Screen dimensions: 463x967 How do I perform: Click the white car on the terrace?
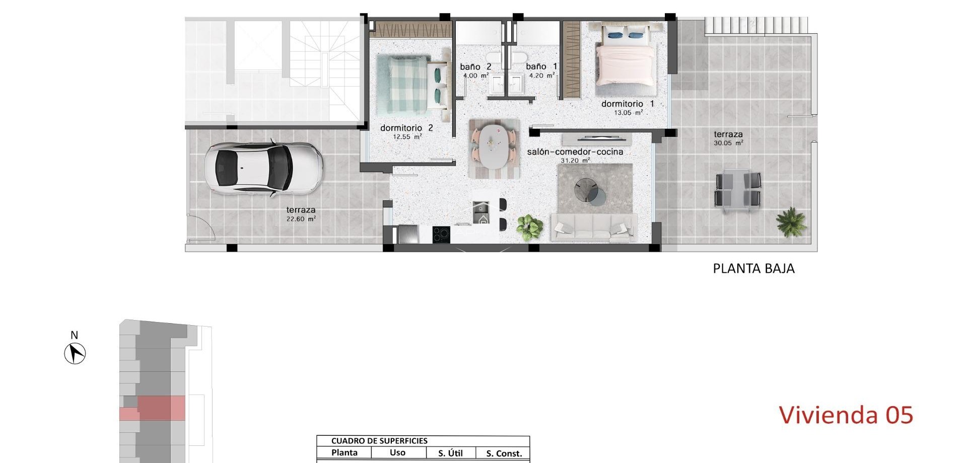click(x=263, y=168)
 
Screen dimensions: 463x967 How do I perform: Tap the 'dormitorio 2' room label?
click(x=406, y=128)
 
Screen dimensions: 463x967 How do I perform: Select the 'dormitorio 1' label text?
click(x=628, y=104)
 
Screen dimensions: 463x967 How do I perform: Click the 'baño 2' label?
click(x=475, y=67)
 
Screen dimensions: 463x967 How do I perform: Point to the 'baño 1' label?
click(x=541, y=66)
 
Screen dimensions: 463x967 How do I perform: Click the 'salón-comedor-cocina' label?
click(x=575, y=152)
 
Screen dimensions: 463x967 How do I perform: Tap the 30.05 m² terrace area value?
click(x=728, y=143)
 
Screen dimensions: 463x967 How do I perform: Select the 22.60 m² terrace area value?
click(x=301, y=219)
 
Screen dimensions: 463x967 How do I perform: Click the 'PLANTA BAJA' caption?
click(x=753, y=269)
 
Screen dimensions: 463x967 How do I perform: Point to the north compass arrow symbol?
click(x=75, y=353)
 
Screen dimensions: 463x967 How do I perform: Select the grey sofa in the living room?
click(x=593, y=227)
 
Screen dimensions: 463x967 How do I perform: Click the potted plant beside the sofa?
click(x=530, y=227)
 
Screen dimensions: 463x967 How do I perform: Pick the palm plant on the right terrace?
click(x=791, y=221)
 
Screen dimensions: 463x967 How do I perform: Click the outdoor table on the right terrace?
click(x=738, y=189)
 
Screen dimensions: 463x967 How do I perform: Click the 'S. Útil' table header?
click(x=450, y=453)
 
